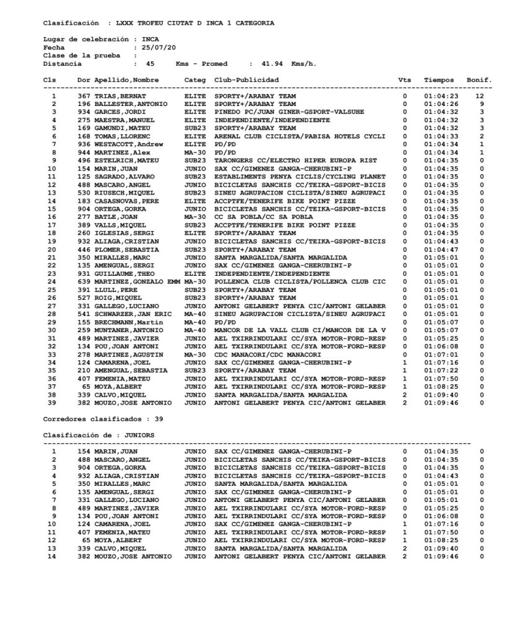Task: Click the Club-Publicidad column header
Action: click(x=246, y=80)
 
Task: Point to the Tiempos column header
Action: click(x=439, y=80)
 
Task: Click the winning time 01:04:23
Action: click(x=441, y=97)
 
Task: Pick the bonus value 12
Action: click(x=480, y=97)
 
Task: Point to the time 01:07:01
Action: click(x=441, y=354)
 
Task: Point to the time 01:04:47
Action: click(x=441, y=249)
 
